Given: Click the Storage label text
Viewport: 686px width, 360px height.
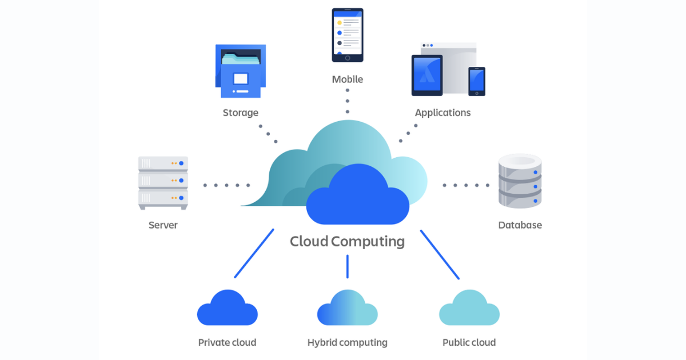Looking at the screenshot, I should click(x=241, y=113).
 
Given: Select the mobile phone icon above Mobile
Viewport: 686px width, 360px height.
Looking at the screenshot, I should click(x=348, y=35).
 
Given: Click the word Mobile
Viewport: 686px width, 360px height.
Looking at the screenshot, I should click(x=348, y=79).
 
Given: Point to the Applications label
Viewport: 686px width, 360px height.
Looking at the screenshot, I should click(x=443, y=113).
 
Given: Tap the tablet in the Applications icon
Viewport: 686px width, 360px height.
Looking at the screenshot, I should click(x=427, y=75).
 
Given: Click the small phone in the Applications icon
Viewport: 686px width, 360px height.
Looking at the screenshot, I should click(x=477, y=81).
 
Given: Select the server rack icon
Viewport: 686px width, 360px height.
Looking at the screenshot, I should click(x=163, y=182).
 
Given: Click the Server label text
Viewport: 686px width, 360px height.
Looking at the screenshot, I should click(x=163, y=225).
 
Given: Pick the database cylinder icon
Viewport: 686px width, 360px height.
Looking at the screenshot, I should click(x=520, y=181).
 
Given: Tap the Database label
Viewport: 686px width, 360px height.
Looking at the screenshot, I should click(x=520, y=225).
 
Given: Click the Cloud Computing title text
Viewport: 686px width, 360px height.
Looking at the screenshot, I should click(x=347, y=241).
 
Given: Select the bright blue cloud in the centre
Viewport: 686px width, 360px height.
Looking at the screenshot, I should click(x=358, y=197).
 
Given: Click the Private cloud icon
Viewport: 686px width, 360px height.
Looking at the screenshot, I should click(x=227, y=309).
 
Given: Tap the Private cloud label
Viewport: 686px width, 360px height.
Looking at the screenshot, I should click(x=227, y=343).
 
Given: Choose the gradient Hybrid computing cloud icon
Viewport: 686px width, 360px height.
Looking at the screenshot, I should click(x=348, y=309).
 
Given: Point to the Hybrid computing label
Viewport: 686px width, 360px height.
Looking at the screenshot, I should click(x=348, y=343).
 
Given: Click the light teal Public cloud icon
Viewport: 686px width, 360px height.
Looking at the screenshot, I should click(x=469, y=309).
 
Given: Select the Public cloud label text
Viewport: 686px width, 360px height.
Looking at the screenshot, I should click(x=469, y=343).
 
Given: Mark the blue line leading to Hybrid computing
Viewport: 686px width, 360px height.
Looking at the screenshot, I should click(x=347, y=266).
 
